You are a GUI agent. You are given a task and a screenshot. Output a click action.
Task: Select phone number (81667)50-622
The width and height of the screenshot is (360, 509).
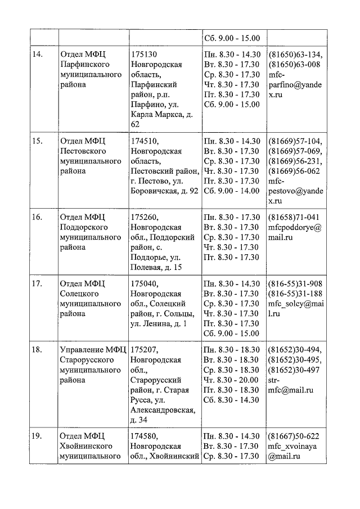pos(294,436)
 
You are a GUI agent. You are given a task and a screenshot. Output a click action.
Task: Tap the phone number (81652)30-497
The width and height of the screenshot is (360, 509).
pos(295,370)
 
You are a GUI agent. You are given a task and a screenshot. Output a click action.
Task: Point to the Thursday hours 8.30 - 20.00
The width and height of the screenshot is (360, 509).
pos(231,380)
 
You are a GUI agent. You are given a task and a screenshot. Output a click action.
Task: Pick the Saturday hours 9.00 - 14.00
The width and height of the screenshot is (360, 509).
pos(231,191)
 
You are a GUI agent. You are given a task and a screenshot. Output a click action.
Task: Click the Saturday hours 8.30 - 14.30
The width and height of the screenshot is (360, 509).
pos(231,400)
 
